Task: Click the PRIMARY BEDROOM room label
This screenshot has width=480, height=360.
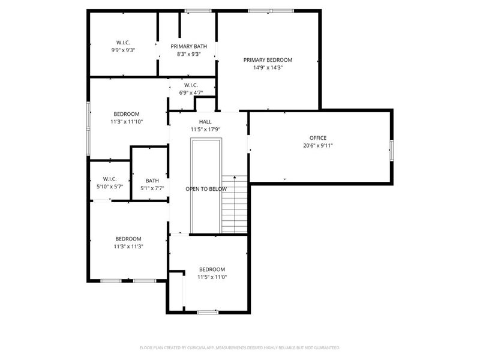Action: pyautogui.click(x=268, y=60)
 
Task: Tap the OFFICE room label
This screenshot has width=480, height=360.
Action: pyautogui.click(x=318, y=137)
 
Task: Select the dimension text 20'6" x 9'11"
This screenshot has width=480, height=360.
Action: pyautogui.click(x=318, y=145)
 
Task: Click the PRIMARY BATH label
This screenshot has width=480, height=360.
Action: pyautogui.click(x=188, y=46)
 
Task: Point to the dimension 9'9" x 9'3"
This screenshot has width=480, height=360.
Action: pyautogui.click(x=123, y=50)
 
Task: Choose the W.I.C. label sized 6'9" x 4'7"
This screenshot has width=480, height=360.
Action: pyautogui.click(x=191, y=85)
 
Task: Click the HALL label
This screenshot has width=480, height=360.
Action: pyautogui.click(x=205, y=122)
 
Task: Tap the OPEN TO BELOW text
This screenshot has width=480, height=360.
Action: pyautogui.click(x=206, y=189)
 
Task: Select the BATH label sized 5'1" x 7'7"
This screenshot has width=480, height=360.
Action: pyautogui.click(x=152, y=181)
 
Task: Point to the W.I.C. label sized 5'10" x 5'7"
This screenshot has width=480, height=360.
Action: pyautogui.click(x=109, y=179)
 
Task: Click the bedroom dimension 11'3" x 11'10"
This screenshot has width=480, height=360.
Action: pyautogui.click(x=127, y=122)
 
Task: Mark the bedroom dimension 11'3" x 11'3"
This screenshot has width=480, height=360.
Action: pyautogui.click(x=128, y=246)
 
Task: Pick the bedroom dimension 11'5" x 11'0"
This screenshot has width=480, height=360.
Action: pyautogui.click(x=212, y=277)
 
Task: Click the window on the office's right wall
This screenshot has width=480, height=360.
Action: pyautogui.click(x=391, y=150)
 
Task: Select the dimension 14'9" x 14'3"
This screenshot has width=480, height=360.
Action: pyautogui.click(x=268, y=68)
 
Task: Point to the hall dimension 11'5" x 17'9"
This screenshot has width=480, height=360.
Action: pyautogui.click(x=205, y=130)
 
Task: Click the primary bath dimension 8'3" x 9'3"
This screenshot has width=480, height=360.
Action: pyautogui.click(x=188, y=54)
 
